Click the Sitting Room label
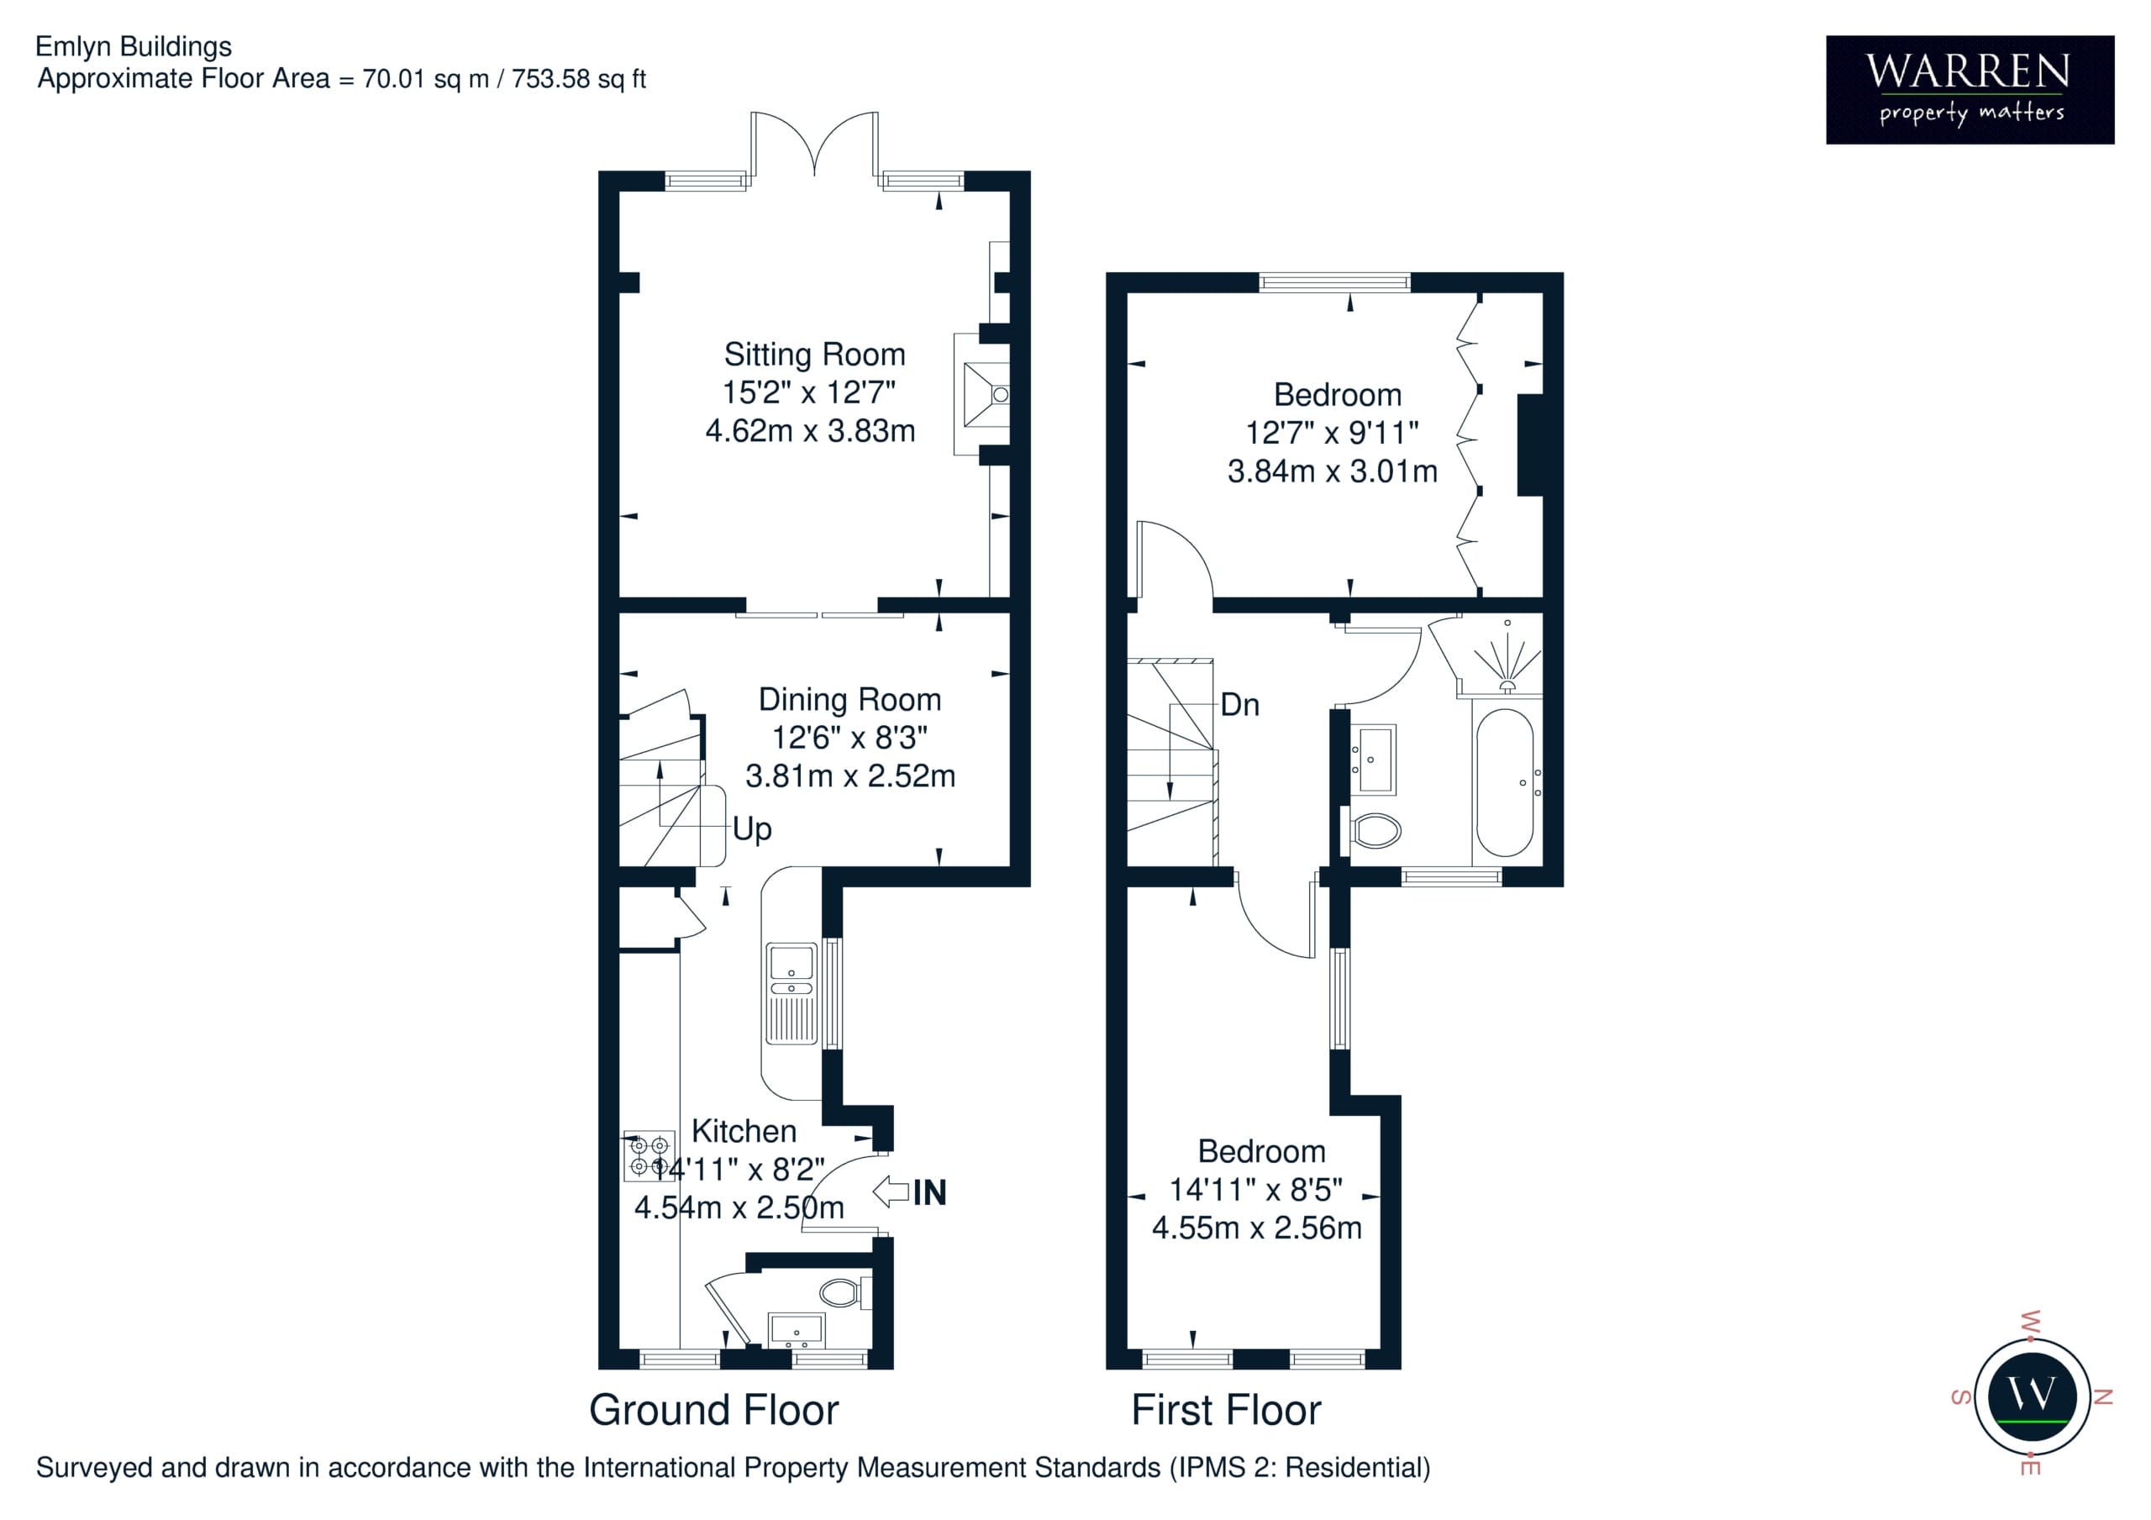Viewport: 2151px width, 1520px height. point(814,355)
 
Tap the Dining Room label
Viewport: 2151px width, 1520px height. point(849,699)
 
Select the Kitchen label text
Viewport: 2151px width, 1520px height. point(744,1130)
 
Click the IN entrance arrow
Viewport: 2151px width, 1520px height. point(890,1192)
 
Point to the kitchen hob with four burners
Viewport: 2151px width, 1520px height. point(650,1155)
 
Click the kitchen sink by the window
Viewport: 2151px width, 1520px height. point(792,993)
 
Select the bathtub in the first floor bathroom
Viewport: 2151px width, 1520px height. point(1505,782)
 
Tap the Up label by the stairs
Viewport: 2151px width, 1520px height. point(751,829)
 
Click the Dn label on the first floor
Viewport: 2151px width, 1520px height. point(1239,705)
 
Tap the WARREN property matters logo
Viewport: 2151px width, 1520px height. point(1970,90)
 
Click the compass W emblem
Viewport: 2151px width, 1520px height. point(2032,1396)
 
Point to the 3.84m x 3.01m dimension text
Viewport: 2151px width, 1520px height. point(1333,471)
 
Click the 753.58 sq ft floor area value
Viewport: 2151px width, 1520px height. point(578,79)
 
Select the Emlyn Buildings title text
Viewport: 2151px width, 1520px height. point(134,47)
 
